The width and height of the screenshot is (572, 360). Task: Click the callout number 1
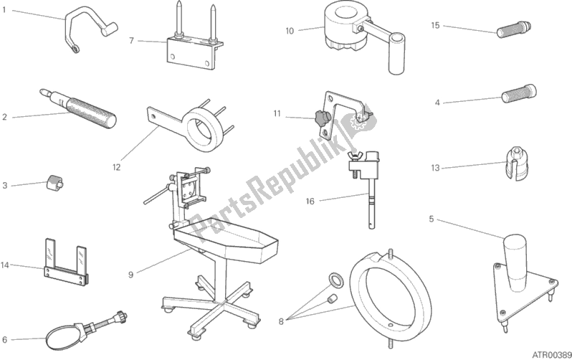(4, 10)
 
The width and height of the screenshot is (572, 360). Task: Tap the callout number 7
(132, 41)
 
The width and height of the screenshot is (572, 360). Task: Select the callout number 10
(290, 31)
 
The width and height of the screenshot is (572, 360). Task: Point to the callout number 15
(435, 25)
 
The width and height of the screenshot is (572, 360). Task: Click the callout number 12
(116, 168)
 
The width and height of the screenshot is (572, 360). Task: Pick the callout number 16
(310, 202)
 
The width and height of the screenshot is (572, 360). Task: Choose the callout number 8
(281, 322)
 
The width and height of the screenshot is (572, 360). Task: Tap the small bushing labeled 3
(54, 182)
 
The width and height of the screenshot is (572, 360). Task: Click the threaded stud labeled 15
(514, 29)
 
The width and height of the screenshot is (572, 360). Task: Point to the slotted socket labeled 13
(516, 165)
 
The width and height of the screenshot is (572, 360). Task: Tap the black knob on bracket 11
(322, 119)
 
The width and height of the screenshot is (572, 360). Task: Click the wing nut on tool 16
(353, 156)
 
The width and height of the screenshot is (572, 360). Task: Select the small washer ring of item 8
(335, 280)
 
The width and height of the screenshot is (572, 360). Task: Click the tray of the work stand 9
(227, 240)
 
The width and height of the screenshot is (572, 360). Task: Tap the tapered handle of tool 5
(515, 262)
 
